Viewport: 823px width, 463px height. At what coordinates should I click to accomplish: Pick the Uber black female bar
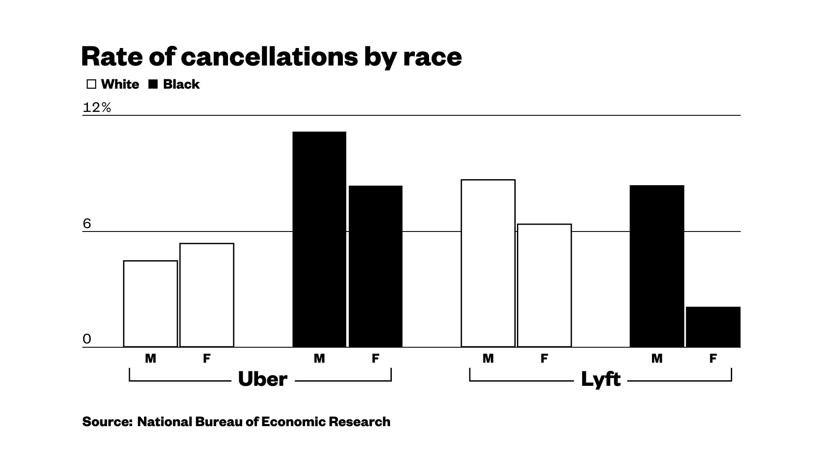(375, 266)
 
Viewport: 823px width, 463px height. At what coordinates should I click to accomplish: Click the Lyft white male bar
(488, 263)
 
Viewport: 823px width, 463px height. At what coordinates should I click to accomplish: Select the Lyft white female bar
(544, 286)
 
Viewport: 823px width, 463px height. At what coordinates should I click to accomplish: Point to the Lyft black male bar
(657, 266)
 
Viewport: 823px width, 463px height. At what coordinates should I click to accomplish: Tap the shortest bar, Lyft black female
(713, 327)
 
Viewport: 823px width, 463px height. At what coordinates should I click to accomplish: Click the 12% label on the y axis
(96, 108)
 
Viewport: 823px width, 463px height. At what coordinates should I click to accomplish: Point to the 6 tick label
(87, 224)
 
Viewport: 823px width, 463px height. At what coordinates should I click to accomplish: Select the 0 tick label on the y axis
(87, 339)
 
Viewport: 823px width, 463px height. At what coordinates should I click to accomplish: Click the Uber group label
(262, 379)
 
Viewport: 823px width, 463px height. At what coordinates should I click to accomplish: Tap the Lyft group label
(601, 379)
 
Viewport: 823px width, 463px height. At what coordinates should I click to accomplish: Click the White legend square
(91, 84)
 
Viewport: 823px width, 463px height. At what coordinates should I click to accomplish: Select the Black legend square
(153, 84)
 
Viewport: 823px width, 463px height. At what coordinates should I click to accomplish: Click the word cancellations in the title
(269, 57)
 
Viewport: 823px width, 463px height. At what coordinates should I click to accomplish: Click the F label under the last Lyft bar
(713, 358)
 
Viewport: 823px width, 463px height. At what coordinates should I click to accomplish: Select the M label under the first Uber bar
(150, 358)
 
